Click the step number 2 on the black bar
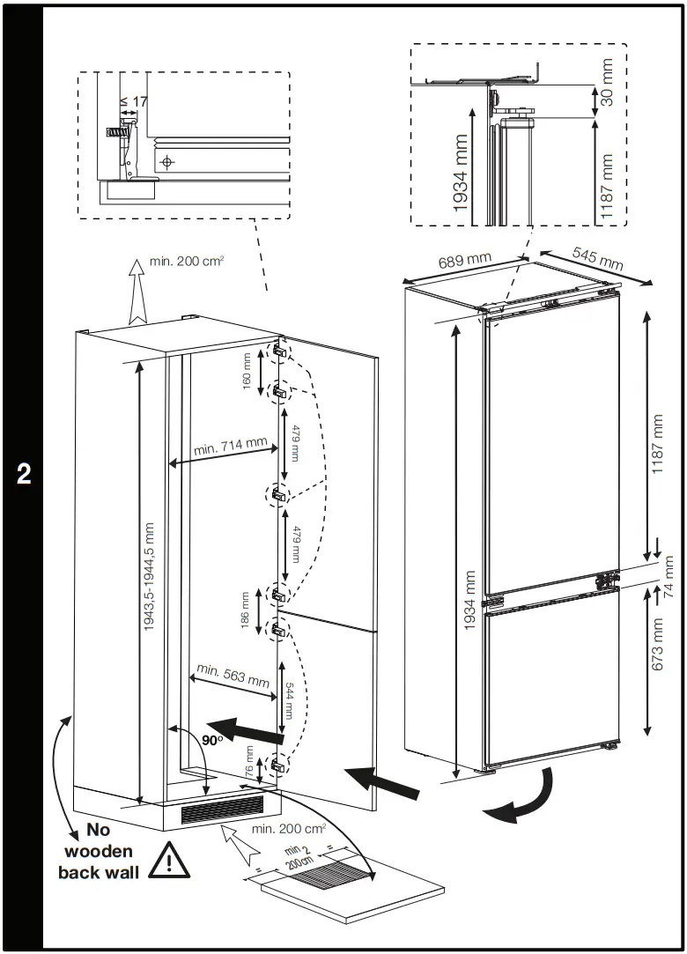pos(24,474)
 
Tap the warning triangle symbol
pos(169,861)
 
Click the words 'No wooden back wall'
pos(97,851)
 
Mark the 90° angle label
pos(212,741)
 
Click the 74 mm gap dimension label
pos(669,578)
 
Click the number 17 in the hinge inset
pos(139,101)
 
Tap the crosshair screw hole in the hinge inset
pos(168,162)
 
